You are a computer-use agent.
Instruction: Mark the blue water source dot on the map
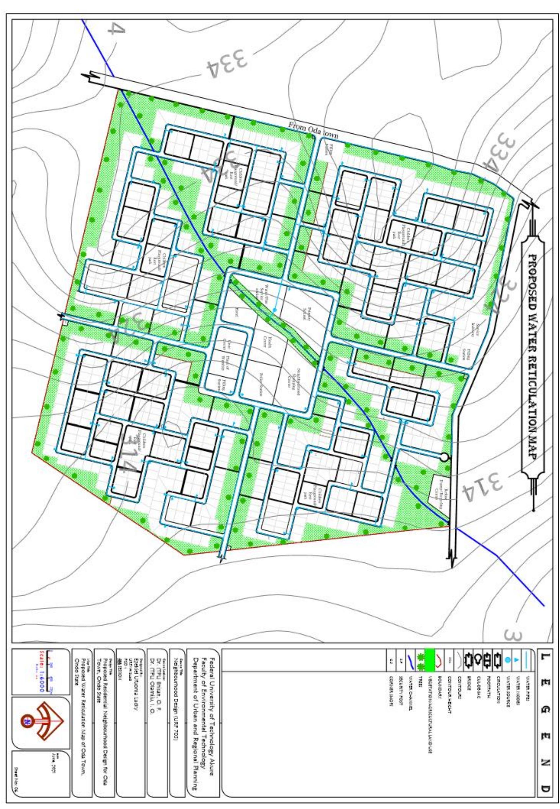(275, 310)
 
